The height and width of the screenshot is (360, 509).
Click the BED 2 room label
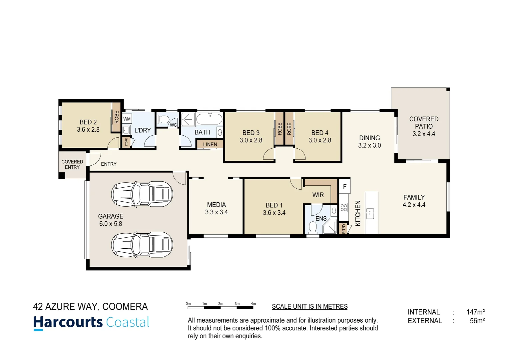(x=88, y=122)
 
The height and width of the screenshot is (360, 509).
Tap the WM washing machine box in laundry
(x=127, y=119)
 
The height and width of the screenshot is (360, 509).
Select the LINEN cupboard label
(x=210, y=144)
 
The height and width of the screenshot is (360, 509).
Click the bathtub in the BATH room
(x=209, y=119)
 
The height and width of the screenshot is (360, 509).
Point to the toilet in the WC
(x=163, y=119)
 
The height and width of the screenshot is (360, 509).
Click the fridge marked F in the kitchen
(x=344, y=187)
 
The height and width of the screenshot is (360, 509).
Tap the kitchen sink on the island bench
(x=370, y=213)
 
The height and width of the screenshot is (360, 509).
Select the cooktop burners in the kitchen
(x=344, y=208)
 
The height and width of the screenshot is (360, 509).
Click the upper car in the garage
(x=142, y=194)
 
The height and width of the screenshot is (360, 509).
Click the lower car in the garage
(x=142, y=245)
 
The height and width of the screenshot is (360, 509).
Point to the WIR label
(x=318, y=195)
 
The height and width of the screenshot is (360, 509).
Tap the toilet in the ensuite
(x=312, y=227)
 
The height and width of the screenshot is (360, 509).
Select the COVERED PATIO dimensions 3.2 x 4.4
(x=424, y=134)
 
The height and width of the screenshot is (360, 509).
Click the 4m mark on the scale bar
(x=253, y=304)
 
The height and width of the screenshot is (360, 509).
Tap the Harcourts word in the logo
(x=68, y=322)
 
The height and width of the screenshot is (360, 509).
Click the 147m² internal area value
(x=475, y=312)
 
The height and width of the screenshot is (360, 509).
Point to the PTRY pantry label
(x=343, y=229)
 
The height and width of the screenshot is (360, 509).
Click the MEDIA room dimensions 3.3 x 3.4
(x=217, y=212)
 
